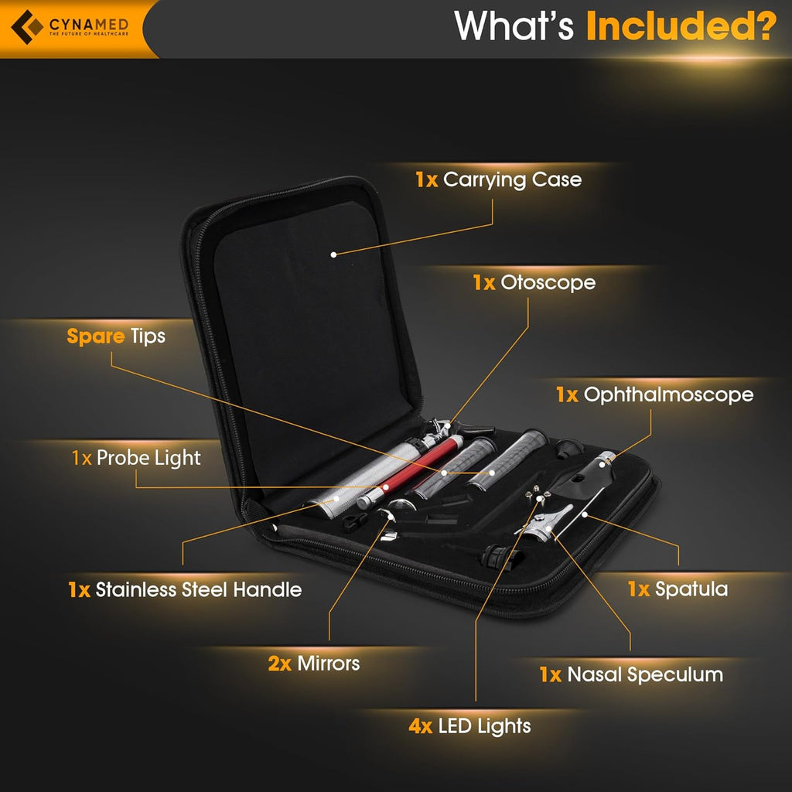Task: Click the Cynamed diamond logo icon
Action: pyautogui.click(x=27, y=27)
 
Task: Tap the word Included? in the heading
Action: pyautogui.click(x=681, y=26)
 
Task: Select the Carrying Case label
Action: pyautogui.click(x=499, y=180)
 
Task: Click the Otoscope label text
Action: pyautogui.click(x=534, y=283)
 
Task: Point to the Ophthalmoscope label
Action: pyautogui.click(x=654, y=395)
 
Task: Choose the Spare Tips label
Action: pyautogui.click(x=116, y=336)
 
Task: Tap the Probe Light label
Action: pyautogui.click(x=136, y=458)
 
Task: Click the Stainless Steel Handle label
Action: pyautogui.click(x=185, y=589)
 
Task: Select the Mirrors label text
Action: pyautogui.click(x=314, y=663)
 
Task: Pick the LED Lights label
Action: pyautogui.click(x=469, y=725)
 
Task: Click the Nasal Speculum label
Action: pyautogui.click(x=631, y=674)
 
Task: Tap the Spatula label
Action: pyautogui.click(x=678, y=589)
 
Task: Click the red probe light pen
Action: pyautogui.click(x=410, y=471)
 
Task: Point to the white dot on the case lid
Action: pyautogui.click(x=333, y=254)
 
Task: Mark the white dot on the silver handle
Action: pyautogui.click(x=336, y=499)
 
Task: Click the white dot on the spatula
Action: pyautogui.click(x=585, y=514)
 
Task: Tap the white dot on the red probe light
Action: pyautogui.click(x=385, y=487)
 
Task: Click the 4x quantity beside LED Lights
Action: pyautogui.click(x=421, y=726)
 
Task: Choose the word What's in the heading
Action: pyautogui.click(x=514, y=26)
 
